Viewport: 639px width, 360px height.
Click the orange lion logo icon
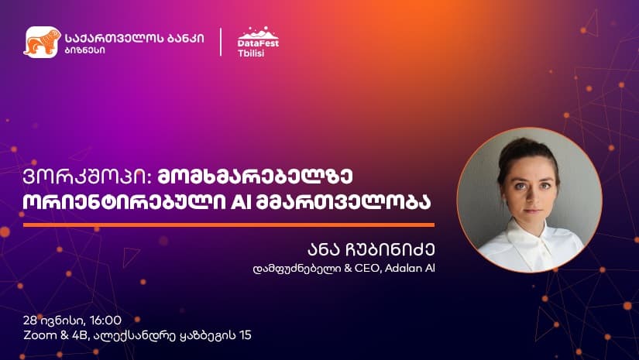tap(43, 42)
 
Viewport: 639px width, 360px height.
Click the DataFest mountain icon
tap(257, 33)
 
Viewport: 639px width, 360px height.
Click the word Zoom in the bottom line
tap(38, 335)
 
